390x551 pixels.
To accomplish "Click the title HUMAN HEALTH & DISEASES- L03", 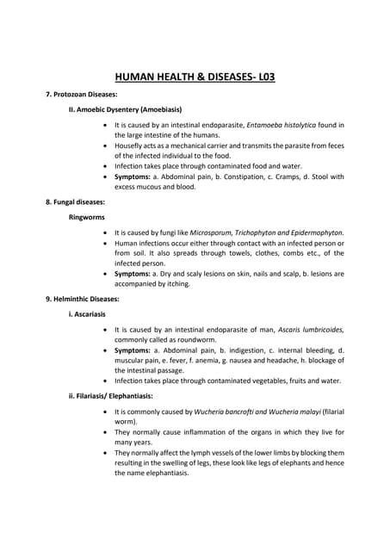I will (x=195, y=77).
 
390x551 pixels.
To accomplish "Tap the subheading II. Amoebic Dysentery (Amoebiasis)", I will (x=125, y=109).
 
